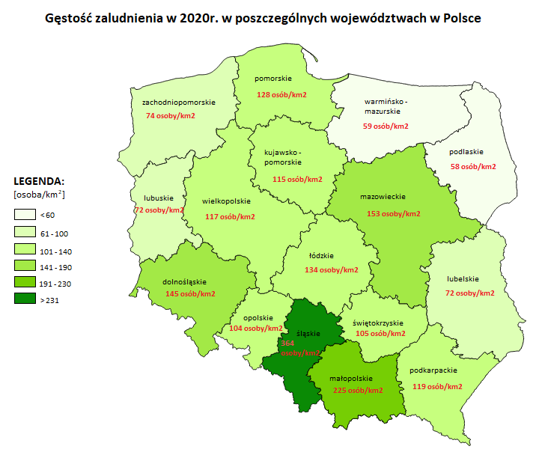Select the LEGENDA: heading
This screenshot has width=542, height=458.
39,182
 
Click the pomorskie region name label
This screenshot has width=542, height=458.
273,79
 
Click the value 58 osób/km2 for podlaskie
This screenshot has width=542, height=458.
471,167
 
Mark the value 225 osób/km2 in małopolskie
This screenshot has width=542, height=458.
356,390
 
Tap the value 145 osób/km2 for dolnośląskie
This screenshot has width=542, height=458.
189,293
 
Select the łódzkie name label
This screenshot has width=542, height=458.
320,254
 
